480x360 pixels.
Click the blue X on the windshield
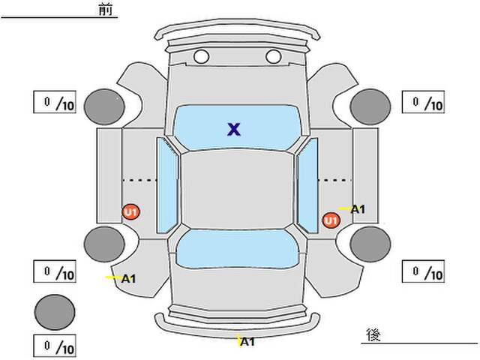[x=234, y=129]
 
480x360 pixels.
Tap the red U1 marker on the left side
[x=131, y=212]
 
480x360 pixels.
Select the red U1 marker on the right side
[x=331, y=220]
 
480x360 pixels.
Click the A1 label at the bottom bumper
[x=247, y=342]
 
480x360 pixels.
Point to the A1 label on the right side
[x=357, y=209]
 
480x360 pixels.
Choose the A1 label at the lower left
[x=128, y=279]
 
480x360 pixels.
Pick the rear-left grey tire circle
[x=103, y=242]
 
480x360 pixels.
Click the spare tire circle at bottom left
[x=55, y=311]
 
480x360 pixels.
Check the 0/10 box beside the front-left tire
[x=55, y=103]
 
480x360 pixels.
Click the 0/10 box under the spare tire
[x=55, y=346]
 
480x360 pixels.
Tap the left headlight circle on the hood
[x=201, y=56]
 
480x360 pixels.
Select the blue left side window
[x=167, y=184]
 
